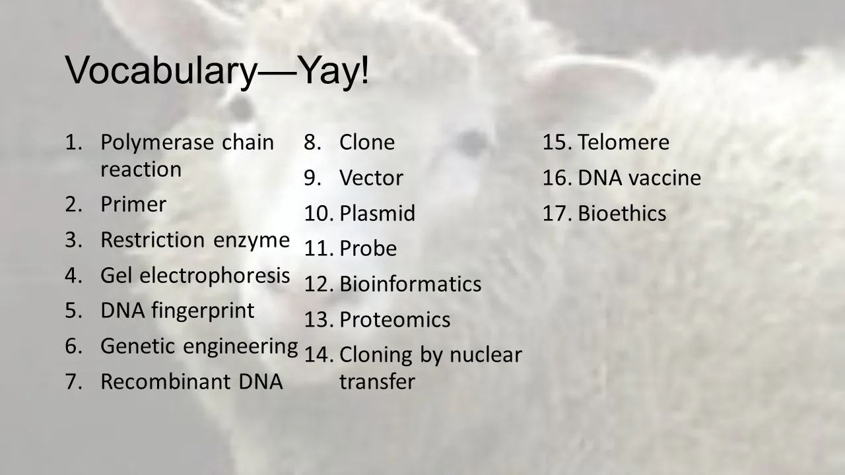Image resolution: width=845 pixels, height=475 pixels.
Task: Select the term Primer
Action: click(133, 205)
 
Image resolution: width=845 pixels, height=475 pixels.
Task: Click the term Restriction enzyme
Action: click(195, 240)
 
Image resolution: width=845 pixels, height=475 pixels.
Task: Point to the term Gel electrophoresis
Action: click(195, 275)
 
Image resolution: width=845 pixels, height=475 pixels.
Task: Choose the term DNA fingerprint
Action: click(177, 311)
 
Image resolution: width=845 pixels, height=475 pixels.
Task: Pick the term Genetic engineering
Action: click(199, 346)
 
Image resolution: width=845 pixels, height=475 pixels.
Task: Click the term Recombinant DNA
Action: click(191, 381)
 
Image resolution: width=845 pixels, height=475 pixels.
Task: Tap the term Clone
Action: click(367, 142)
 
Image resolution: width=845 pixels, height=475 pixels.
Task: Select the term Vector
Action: click(371, 178)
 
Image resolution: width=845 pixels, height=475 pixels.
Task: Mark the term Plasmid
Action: click(377, 214)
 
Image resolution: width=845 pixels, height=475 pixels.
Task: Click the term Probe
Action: click(368, 249)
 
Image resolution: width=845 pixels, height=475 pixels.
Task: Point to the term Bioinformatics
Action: click(410, 284)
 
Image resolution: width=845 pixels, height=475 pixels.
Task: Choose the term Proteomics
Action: click(395, 320)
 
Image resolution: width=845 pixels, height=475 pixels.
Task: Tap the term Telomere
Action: click(623, 142)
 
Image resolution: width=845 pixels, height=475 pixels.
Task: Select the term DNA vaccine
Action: click(639, 178)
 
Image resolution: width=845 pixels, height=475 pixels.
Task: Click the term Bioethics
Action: click(622, 214)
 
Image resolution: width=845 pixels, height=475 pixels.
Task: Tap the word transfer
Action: click(377, 382)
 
